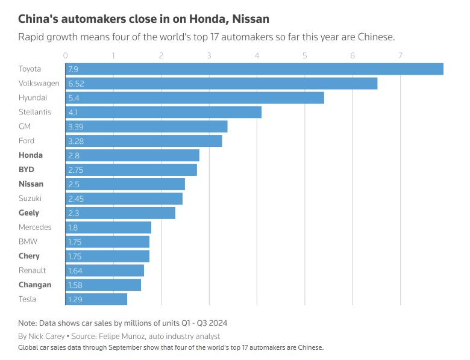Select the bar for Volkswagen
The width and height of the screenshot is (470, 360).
[x=221, y=84]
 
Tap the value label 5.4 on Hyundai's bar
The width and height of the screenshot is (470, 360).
[x=75, y=98]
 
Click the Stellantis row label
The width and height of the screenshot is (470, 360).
[x=35, y=112]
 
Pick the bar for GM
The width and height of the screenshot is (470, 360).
[x=146, y=126]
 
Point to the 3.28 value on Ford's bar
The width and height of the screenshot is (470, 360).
[x=77, y=141]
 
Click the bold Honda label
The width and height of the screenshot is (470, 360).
[x=31, y=155]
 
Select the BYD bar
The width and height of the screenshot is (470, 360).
[x=131, y=170]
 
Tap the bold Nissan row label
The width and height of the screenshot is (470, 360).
[x=31, y=184]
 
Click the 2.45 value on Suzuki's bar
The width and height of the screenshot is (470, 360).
[x=77, y=199]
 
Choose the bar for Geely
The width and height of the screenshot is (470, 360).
[x=121, y=213]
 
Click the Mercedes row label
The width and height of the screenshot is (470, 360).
[x=35, y=228]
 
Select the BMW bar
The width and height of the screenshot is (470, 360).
[x=107, y=242]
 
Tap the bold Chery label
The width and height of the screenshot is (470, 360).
[x=30, y=256]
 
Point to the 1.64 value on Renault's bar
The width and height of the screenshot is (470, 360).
[x=76, y=271]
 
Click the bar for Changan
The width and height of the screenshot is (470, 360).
[x=103, y=285]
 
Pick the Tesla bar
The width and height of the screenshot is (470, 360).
[x=96, y=299]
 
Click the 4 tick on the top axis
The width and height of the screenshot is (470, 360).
[x=257, y=56]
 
